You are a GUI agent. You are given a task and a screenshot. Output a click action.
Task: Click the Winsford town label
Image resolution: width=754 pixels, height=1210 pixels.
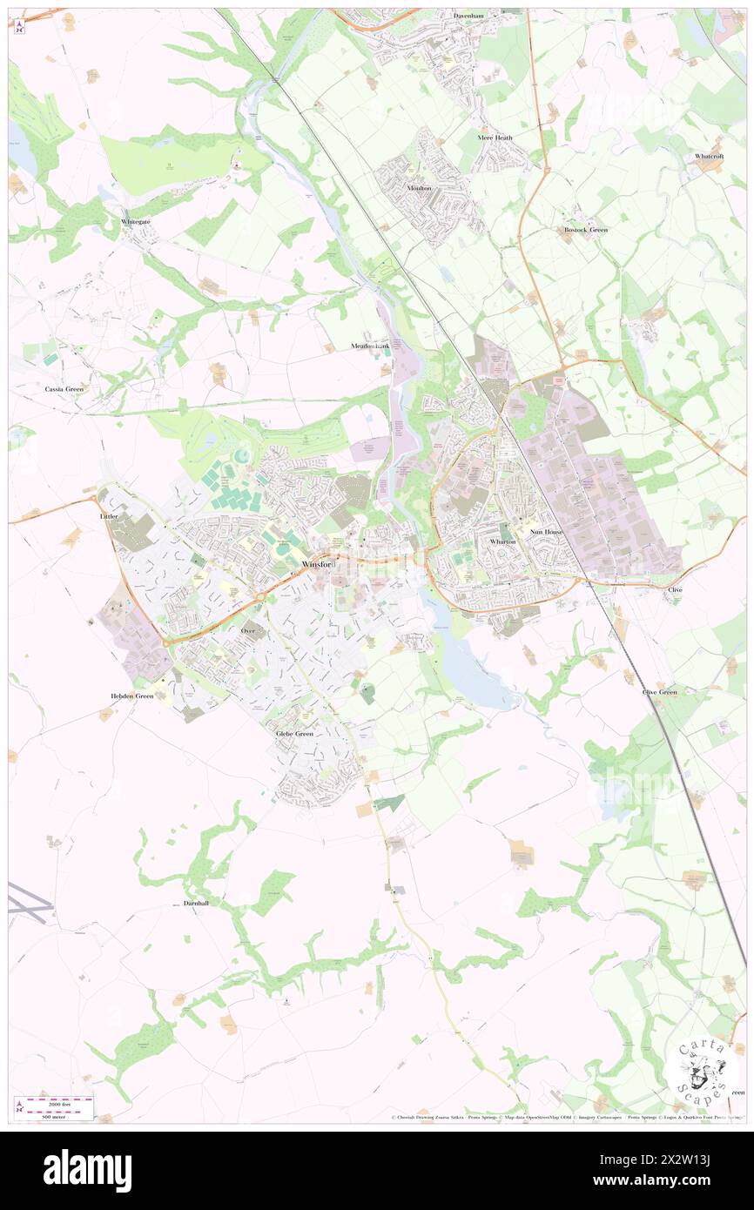point(317,565)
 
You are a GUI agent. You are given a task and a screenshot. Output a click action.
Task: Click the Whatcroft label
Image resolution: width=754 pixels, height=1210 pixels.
point(709,156)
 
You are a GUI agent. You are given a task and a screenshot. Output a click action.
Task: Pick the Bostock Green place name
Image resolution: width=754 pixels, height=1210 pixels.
point(585,230)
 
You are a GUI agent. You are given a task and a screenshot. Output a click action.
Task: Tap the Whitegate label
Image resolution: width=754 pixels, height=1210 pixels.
point(135,222)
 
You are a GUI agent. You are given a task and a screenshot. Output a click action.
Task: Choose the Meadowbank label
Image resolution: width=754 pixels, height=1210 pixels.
point(371,346)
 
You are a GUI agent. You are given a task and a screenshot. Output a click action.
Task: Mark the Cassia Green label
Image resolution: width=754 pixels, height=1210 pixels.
point(64,388)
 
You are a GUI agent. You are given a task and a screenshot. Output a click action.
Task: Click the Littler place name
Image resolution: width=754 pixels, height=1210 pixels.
point(109,516)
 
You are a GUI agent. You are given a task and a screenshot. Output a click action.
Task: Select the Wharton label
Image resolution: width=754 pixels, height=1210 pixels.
point(503,541)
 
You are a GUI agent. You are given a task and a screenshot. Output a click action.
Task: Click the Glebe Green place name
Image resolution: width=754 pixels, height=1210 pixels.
point(294,734)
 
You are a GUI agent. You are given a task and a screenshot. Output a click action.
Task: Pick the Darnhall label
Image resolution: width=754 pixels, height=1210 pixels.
point(196,904)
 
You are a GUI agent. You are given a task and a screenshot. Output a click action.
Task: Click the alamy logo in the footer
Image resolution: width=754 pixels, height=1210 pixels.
point(87,1171)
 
